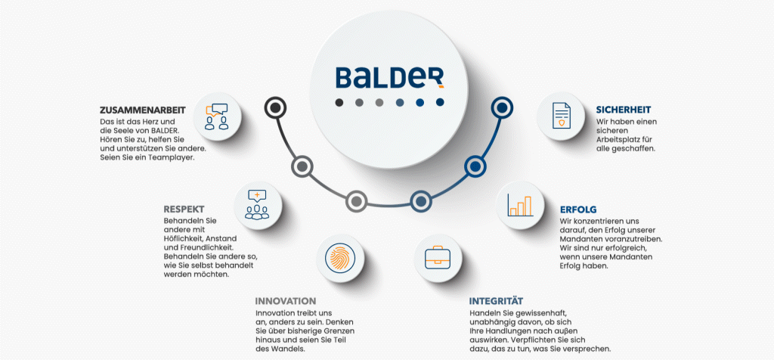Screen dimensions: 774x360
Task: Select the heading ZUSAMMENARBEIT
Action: [x=143, y=110]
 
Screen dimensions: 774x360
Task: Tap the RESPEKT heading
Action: [x=184, y=209]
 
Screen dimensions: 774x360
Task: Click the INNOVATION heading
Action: [x=286, y=300]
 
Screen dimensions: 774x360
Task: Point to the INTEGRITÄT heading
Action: [x=496, y=300]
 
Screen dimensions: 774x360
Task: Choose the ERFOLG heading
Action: [x=578, y=208]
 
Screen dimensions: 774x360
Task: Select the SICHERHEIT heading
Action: [x=623, y=110]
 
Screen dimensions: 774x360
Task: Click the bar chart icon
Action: [x=520, y=205]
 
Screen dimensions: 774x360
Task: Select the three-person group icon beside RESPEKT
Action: [x=257, y=204]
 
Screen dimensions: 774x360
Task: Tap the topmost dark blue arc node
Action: [x=500, y=108]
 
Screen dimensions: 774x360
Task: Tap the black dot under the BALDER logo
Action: [x=339, y=102]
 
